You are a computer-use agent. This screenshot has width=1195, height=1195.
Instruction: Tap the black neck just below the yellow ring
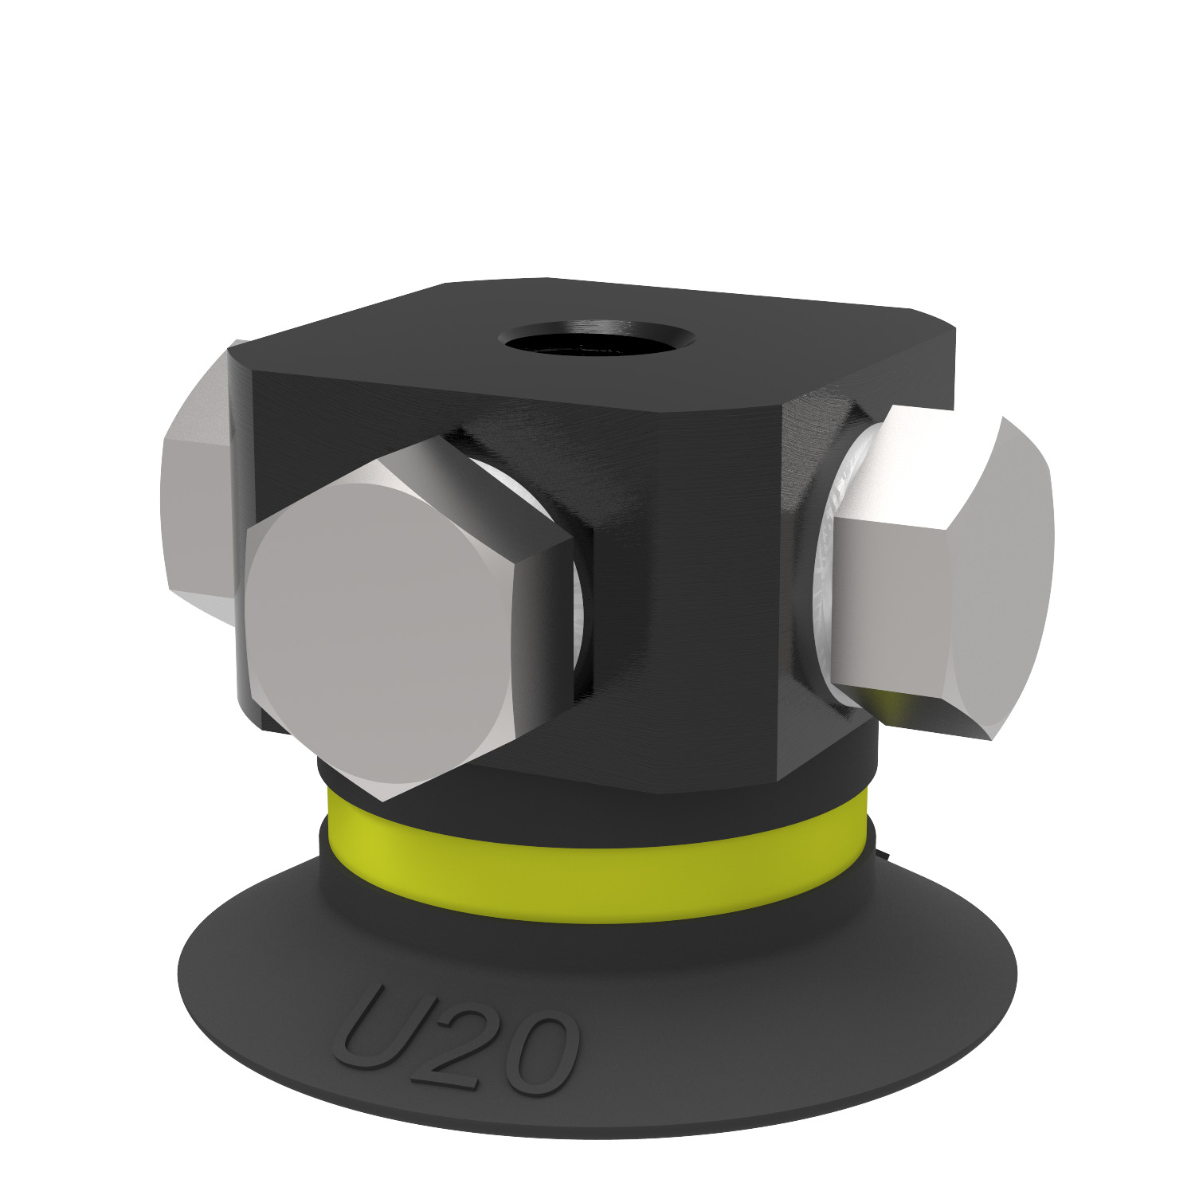tap(597, 932)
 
